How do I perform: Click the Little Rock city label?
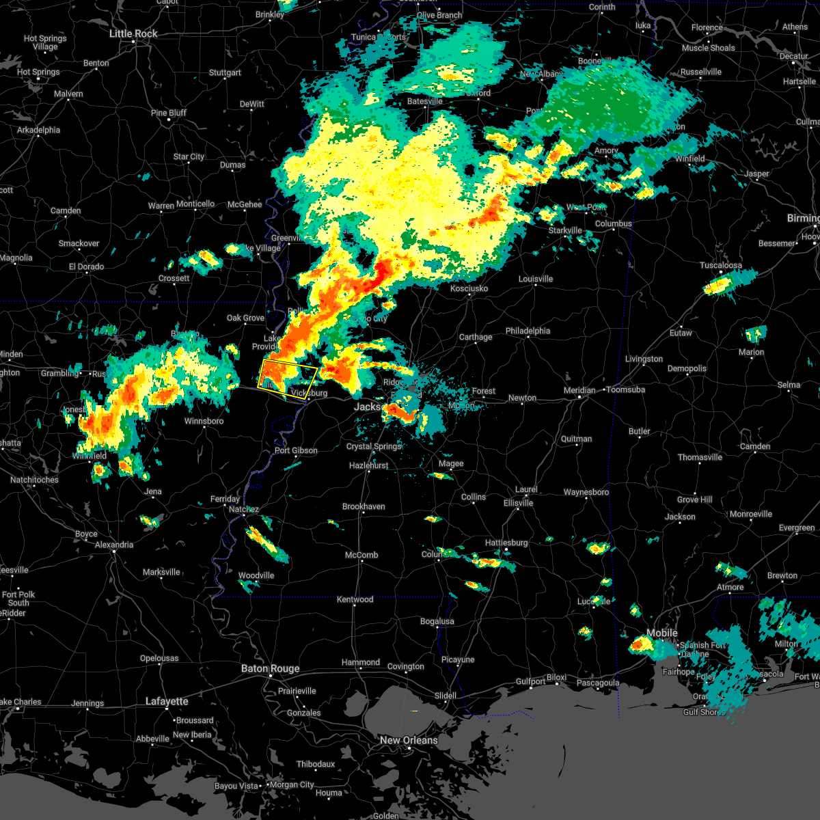pos(133,33)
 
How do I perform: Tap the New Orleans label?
pos(409,740)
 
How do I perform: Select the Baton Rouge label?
pos(270,668)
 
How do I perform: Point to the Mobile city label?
pos(662,633)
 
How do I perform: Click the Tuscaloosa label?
pos(720,265)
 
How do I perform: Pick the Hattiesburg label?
pos(506,543)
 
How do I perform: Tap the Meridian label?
pos(579,390)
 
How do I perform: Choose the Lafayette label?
pos(167,701)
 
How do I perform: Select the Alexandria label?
pos(114,545)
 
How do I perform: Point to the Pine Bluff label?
pos(168,113)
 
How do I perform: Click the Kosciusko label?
pos(469,288)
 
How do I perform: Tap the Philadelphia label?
pos(528,331)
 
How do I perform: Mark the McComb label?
pos(361,555)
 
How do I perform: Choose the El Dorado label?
pos(86,266)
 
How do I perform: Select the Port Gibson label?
pos(296,450)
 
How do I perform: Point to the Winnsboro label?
pos(204,421)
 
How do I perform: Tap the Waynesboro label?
pos(586,492)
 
